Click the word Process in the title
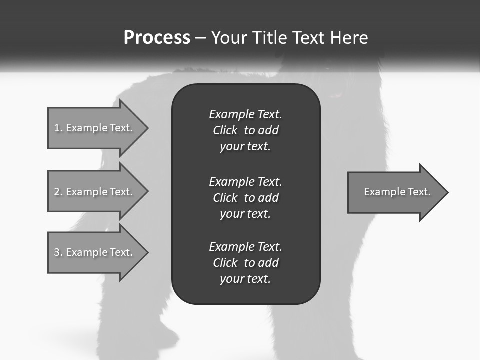coord(157,38)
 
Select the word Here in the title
coord(348,38)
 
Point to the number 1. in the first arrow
coord(58,128)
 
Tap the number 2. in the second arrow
coord(58,192)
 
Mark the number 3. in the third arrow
coord(58,252)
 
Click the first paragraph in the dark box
coord(245,130)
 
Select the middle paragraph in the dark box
coord(245,198)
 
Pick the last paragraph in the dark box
coord(245,263)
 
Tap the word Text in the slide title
coord(309,38)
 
